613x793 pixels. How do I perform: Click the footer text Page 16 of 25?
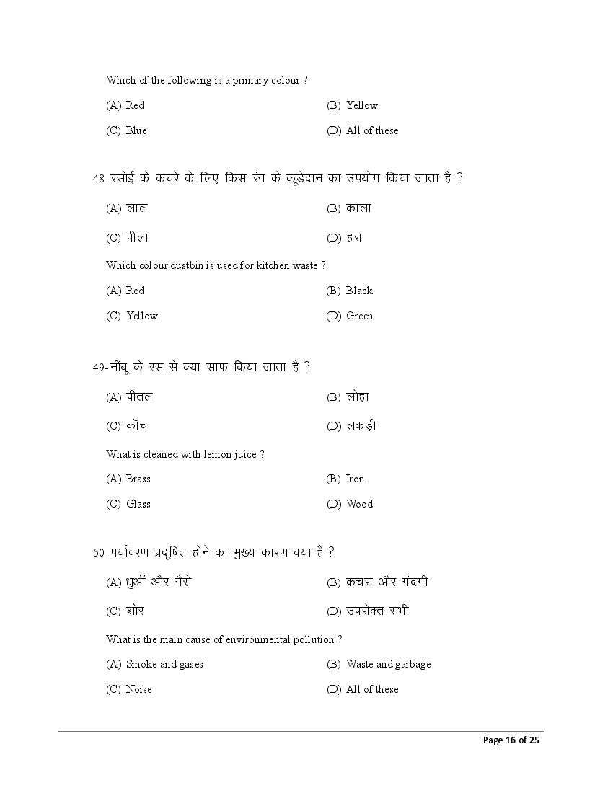pyautogui.click(x=511, y=740)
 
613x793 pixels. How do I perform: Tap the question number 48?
pyautogui.click(x=99, y=178)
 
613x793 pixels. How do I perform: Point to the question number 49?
pyautogui.click(x=99, y=367)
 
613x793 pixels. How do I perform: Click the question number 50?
pyautogui.click(x=99, y=552)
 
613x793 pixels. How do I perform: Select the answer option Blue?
pyautogui.click(x=136, y=130)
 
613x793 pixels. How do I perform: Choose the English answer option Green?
pyautogui.click(x=359, y=316)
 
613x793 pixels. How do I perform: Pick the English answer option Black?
pyautogui.click(x=359, y=291)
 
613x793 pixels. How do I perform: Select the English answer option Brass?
pyautogui.click(x=138, y=479)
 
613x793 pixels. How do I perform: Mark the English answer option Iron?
pyautogui.click(x=355, y=479)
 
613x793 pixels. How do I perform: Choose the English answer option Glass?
pyautogui.click(x=138, y=504)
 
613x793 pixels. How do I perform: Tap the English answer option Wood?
pyautogui.click(x=359, y=504)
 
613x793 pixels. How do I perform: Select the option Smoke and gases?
pyautogui.click(x=164, y=664)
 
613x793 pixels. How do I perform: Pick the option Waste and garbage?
pyautogui.click(x=388, y=664)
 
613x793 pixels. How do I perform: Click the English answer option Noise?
pyautogui.click(x=139, y=689)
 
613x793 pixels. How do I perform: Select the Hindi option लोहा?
pyautogui.click(x=358, y=396)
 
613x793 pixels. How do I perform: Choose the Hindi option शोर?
pyautogui.click(x=135, y=611)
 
